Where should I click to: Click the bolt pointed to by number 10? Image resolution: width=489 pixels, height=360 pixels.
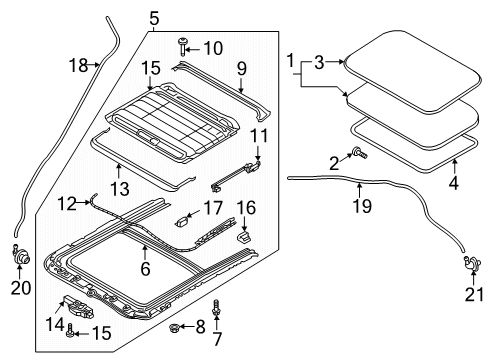pos(182,46)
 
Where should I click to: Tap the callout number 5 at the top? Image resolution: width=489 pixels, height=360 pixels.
pos(154,18)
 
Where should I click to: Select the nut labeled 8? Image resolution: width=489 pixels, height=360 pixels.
pos(174,327)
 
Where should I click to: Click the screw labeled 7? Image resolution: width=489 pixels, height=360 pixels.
pos(216,308)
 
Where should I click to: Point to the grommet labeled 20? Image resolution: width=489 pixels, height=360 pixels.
pos(20,255)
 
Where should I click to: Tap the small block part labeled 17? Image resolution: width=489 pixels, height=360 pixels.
pos(182,221)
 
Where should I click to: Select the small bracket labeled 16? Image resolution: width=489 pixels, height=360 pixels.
pos(245,237)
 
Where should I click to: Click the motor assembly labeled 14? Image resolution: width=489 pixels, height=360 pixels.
pos(78,307)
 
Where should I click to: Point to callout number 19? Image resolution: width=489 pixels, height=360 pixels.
pos(362,206)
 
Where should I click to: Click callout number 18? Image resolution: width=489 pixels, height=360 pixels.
pos(78,65)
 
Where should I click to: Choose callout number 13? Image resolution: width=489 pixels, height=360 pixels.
pos(120,189)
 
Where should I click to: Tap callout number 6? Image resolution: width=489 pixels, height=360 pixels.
pos(145,269)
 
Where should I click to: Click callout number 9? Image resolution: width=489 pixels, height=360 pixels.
pos(242,69)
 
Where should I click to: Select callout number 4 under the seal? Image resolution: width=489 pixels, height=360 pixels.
pos(453,182)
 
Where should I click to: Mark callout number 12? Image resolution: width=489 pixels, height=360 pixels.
pos(68,203)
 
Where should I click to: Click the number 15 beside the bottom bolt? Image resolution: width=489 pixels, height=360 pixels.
pos(101,333)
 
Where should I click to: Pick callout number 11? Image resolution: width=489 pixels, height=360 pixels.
pos(259,136)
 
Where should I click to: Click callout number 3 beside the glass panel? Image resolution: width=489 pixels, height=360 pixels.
pos(319,62)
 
